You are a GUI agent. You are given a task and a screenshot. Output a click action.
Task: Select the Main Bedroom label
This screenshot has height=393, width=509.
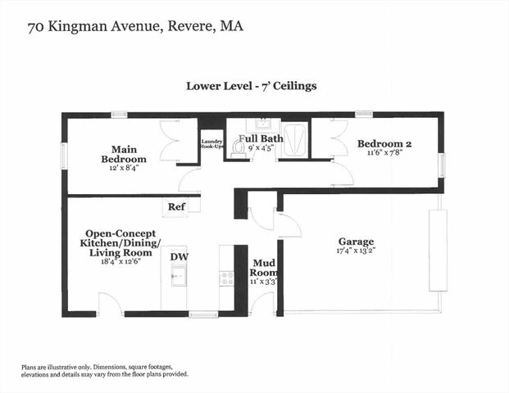pyautogui.click(x=124, y=153)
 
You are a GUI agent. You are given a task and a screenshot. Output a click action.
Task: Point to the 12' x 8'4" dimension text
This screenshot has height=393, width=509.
pyautogui.click(x=124, y=168)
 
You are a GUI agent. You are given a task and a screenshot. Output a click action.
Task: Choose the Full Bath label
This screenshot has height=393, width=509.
pyautogui.click(x=261, y=138)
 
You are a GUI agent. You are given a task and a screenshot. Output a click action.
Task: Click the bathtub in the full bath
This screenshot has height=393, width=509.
pyautogui.click(x=293, y=139)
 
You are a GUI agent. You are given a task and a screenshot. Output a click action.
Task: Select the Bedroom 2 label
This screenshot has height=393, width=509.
pyautogui.click(x=384, y=143)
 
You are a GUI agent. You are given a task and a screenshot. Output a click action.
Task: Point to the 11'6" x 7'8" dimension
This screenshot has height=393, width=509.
pyautogui.click(x=384, y=153)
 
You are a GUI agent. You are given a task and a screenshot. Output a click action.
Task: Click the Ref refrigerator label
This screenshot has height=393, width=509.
pyautogui.click(x=176, y=207)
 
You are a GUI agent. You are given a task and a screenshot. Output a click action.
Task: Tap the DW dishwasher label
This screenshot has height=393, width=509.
pyautogui.click(x=179, y=256)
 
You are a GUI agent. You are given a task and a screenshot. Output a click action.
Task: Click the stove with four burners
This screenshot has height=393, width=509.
pyautogui.click(x=226, y=278)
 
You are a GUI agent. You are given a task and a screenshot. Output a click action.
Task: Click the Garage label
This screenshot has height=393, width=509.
pyautogui.click(x=356, y=242)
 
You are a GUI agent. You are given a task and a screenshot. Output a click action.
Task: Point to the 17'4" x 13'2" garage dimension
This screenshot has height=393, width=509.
pyautogui.click(x=356, y=252)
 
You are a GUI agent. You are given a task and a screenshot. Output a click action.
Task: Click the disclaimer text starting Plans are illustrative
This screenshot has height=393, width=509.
pyautogui.click(x=105, y=370)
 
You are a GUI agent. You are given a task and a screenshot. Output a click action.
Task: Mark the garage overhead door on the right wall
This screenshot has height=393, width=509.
pyautogui.click(x=439, y=251)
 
